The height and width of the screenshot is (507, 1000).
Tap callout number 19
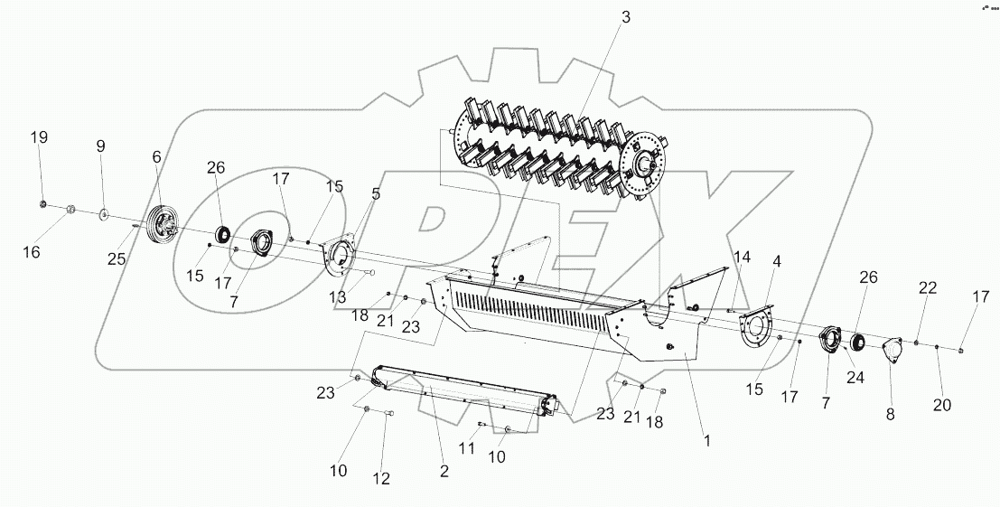pos(39,137)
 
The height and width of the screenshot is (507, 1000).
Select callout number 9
pos(100,146)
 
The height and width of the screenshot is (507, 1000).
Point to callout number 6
pos(156,156)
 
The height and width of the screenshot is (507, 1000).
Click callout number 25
pos(115,260)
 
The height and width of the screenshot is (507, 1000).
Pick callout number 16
pos(32,253)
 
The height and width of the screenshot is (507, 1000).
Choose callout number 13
pos(338,296)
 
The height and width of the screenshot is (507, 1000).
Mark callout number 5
pos(375,192)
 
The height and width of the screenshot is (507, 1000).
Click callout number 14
pos(742,258)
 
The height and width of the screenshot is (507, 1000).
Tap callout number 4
pos(776,262)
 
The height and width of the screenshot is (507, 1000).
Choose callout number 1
pos(707,441)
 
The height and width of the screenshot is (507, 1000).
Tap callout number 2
pos(444,470)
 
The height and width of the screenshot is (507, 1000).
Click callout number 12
pos(381,478)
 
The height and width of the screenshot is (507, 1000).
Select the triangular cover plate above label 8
pos(893,351)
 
